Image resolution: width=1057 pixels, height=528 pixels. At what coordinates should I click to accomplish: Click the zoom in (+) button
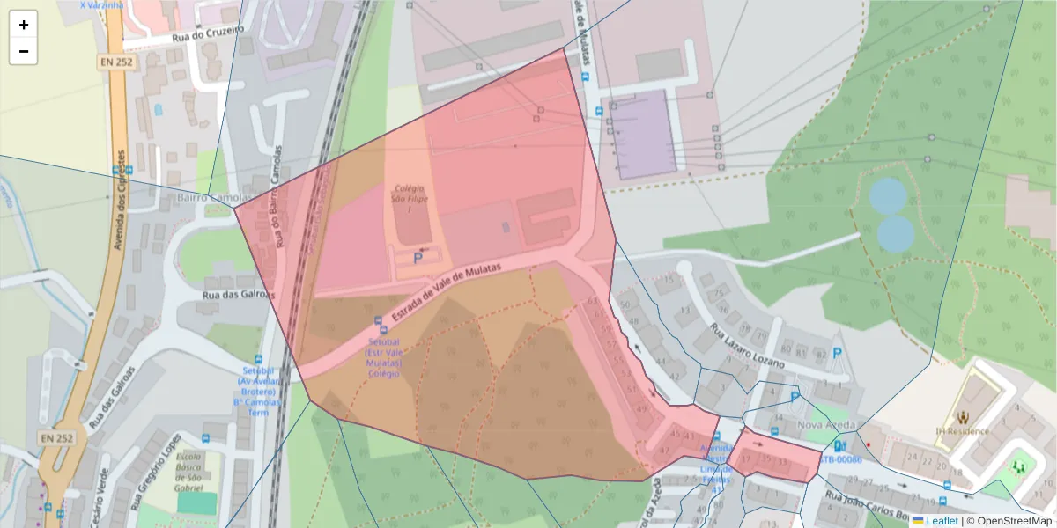pos(24,25)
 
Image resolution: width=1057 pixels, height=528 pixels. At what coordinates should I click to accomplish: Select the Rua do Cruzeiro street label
pos(208,33)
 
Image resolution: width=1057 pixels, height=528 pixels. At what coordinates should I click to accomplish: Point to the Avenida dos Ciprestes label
pos(120,208)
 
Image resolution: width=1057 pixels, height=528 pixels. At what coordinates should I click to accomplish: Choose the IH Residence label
pos(962,431)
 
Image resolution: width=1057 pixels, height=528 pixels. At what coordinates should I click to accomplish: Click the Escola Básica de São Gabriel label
pos(188,473)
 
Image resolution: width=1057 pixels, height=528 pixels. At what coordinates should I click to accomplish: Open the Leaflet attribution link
pos(942,521)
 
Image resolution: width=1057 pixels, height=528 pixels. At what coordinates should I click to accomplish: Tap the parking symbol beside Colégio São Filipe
pos(418,258)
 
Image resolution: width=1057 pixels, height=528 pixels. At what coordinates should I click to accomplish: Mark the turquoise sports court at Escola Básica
pos(196,502)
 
